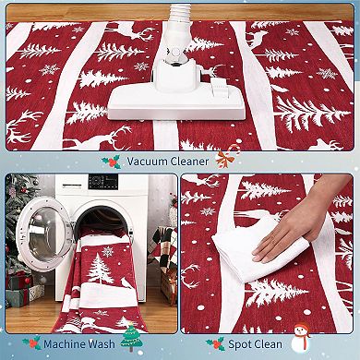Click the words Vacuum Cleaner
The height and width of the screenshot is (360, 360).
[169, 161]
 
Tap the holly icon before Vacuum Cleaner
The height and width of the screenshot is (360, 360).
[111, 162]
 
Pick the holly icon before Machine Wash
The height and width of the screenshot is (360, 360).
[31, 343]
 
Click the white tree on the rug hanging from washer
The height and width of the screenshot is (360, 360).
[99, 273]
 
